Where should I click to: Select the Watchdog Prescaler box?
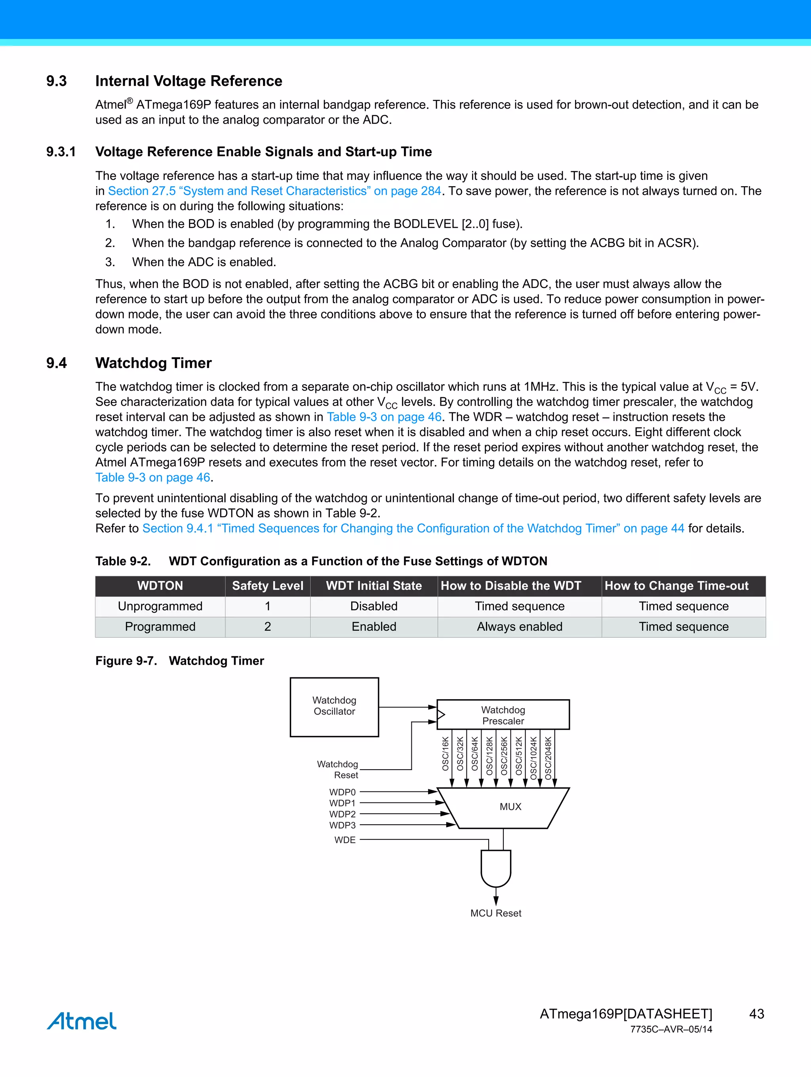[503, 715]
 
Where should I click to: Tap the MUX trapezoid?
[510, 807]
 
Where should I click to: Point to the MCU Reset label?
[495, 913]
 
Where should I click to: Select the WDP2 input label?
[342, 814]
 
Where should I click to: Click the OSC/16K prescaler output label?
[445, 754]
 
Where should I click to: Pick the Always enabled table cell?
[520, 627]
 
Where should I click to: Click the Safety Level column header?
[267, 586]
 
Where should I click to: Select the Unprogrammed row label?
[160, 606]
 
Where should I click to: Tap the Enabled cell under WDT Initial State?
[374, 627]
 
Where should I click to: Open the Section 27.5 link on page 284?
[274, 191]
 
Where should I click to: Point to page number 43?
[756, 1014]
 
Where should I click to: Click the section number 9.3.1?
[61, 152]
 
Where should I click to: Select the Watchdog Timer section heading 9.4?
[153, 363]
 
